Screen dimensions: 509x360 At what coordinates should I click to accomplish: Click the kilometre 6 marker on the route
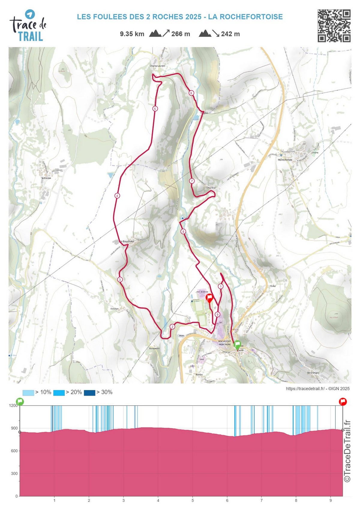[191, 93]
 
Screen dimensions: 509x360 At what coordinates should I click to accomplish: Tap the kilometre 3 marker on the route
[120, 279]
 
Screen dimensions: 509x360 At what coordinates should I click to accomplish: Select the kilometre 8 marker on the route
[183, 231]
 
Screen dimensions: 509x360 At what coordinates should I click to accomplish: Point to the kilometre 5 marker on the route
[155, 109]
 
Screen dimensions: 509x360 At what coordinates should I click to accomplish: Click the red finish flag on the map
[209, 298]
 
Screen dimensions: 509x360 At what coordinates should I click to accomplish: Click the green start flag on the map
[237, 345]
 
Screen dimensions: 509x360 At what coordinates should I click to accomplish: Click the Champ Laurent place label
[157, 66]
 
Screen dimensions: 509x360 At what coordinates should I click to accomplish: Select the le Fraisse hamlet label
[46, 178]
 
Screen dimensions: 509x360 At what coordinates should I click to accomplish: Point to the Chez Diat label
[211, 188]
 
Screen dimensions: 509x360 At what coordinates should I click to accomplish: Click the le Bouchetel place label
[127, 241]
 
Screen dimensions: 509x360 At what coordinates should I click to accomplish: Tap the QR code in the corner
[334, 26]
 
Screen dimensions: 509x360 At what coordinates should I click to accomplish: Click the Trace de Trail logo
[28, 26]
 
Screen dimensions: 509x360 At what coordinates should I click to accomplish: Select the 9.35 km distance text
[132, 34]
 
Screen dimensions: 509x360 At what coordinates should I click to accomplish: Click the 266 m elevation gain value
[181, 34]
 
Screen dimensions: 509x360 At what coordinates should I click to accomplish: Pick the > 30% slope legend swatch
[89, 393]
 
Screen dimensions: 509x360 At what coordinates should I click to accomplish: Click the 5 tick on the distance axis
[193, 500]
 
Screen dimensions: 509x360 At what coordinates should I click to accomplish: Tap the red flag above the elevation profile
[343, 402]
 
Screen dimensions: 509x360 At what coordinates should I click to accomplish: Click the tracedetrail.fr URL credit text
[305, 388]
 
